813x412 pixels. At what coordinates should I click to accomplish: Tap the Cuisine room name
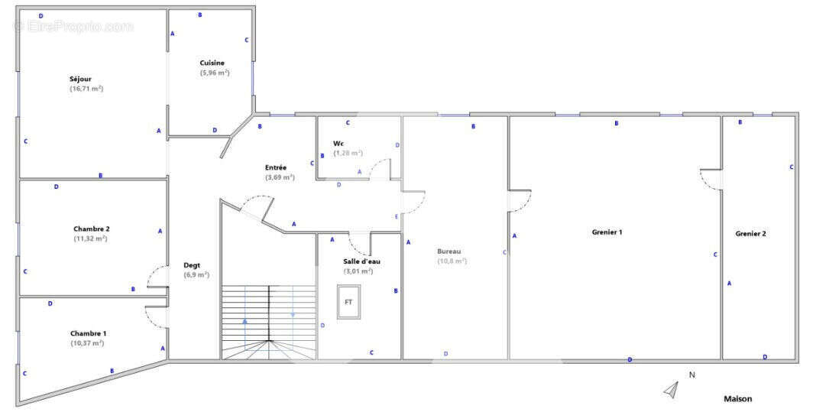pyautogui.click(x=212, y=63)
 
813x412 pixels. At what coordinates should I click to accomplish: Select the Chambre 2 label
pyautogui.click(x=91, y=229)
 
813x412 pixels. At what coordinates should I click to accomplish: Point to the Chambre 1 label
pyautogui.click(x=89, y=333)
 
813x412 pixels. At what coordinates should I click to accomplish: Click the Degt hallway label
pyautogui.click(x=192, y=265)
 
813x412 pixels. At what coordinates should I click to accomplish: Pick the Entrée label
pyautogui.click(x=276, y=167)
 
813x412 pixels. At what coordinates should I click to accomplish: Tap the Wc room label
pyautogui.click(x=338, y=144)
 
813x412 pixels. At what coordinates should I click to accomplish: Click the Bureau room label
pyautogui.click(x=449, y=251)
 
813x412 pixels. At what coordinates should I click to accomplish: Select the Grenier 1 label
pyautogui.click(x=607, y=232)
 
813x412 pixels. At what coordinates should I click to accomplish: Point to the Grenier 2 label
pyautogui.click(x=750, y=234)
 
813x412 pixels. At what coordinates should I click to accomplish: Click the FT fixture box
pyautogui.click(x=348, y=302)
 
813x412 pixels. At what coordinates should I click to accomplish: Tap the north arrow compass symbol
pyautogui.click(x=671, y=390)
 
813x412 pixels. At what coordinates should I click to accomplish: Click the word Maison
pyautogui.click(x=737, y=399)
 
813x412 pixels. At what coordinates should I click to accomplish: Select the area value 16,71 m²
pyautogui.click(x=86, y=89)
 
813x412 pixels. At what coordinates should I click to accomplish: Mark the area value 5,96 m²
pyautogui.click(x=215, y=73)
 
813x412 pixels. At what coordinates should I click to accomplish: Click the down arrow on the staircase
pyautogui.click(x=293, y=313)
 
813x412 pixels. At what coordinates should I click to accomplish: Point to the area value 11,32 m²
pyautogui.click(x=90, y=238)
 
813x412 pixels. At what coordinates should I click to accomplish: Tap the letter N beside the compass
pyautogui.click(x=692, y=375)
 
